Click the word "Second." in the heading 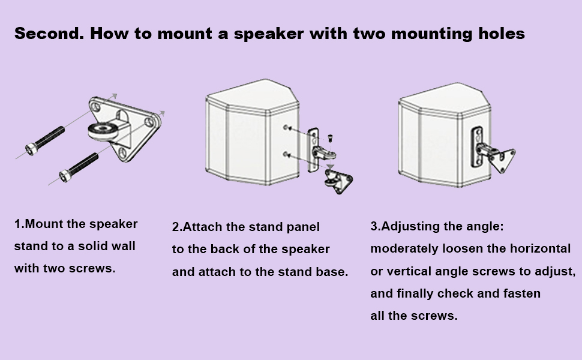(x=48, y=33)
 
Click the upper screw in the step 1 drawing (x=44, y=139)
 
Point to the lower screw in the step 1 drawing (x=79, y=166)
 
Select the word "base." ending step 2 (x=332, y=272)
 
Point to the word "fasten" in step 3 (x=521, y=293)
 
